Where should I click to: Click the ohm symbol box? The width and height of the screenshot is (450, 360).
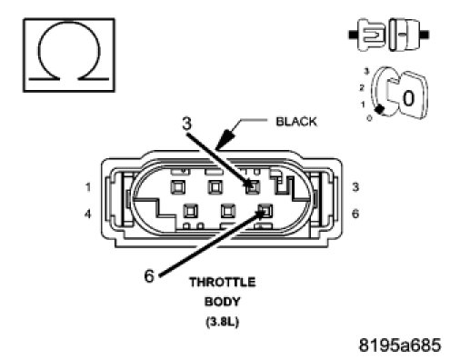pyautogui.click(x=69, y=55)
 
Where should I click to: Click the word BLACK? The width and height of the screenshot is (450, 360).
pyautogui.click(x=296, y=122)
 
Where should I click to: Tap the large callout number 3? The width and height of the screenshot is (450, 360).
pyautogui.click(x=187, y=124)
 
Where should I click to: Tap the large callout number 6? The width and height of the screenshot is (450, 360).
pyautogui.click(x=149, y=276)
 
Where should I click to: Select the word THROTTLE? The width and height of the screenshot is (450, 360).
pyautogui.click(x=223, y=282)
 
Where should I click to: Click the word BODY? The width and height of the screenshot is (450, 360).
pyautogui.click(x=223, y=302)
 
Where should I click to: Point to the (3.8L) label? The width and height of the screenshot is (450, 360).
pyautogui.click(x=223, y=321)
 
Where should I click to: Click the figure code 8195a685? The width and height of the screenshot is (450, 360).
pyautogui.click(x=400, y=345)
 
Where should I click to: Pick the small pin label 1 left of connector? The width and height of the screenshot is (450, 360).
pyautogui.click(x=88, y=187)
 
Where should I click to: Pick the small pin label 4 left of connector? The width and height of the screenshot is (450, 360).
pyautogui.click(x=87, y=215)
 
